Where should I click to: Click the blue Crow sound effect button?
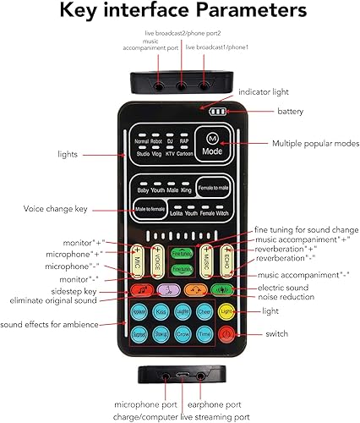(182, 333)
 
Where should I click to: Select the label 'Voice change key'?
(57, 207)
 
